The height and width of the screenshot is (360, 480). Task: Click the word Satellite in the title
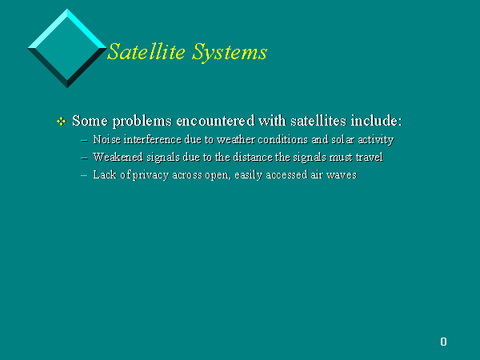coord(146,51)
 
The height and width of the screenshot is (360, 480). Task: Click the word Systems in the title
coord(230,52)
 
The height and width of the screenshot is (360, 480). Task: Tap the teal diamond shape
coord(67,48)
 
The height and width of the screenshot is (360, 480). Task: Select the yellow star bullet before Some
coord(62,122)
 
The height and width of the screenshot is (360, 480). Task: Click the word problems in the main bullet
coord(142,122)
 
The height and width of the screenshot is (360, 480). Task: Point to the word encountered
coord(215,120)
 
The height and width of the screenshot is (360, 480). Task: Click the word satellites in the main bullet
coord(318,120)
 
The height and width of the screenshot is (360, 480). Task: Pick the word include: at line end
coord(376,120)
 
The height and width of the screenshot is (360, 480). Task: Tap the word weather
coord(236,139)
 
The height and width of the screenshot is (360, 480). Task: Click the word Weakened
coord(118,157)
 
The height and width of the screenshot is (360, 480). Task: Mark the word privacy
coord(150,175)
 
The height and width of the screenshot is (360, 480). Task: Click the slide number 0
coord(443,342)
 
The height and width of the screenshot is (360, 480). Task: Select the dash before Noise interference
coord(84,141)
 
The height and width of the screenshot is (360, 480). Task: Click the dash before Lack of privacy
coord(84,176)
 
